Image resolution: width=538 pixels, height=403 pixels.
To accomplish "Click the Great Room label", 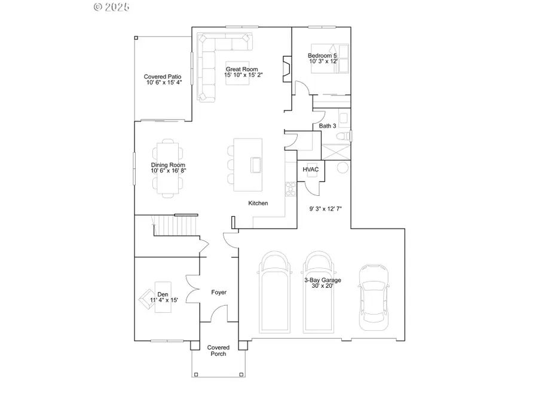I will (243, 69).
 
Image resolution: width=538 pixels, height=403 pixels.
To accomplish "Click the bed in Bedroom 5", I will (326, 58).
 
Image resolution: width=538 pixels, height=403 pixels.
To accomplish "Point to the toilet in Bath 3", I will (343, 137).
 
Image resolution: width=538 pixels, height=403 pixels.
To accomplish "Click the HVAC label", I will (311, 170).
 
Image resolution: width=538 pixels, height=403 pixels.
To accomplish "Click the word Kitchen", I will (258, 204).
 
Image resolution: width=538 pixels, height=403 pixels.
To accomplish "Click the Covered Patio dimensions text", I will (163, 83).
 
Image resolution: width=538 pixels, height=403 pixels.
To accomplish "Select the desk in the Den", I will (162, 293).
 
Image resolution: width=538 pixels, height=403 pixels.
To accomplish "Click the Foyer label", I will (219, 293).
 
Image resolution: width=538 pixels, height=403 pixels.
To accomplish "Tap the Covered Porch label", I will (218, 350).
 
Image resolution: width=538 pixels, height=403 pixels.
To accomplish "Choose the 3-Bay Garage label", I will (317, 282).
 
